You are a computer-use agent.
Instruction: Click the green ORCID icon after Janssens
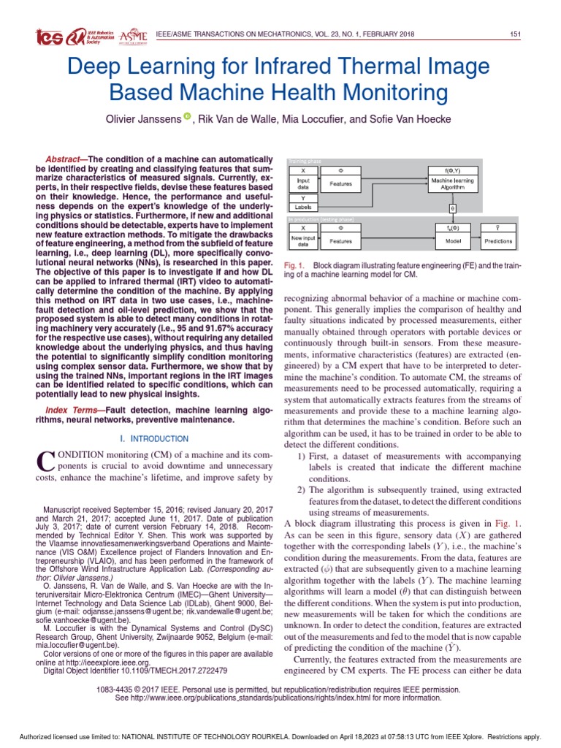tap(187, 116)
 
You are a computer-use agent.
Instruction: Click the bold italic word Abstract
tap(65, 160)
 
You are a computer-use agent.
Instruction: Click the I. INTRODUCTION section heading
tap(153, 439)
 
